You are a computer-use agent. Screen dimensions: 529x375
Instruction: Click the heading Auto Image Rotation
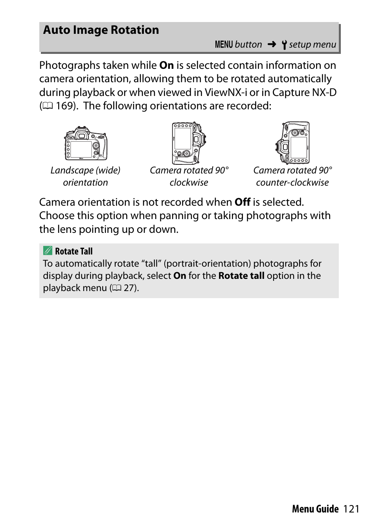tap(101, 30)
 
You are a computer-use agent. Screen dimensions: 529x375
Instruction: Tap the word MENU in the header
tap(224, 45)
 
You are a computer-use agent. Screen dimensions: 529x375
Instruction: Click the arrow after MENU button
tap(272, 44)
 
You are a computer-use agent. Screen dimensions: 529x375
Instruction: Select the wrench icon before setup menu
tap(284, 45)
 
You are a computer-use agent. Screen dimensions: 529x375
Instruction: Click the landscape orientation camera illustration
tap(86, 144)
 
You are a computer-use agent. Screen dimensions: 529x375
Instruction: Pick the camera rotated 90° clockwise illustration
tap(189, 143)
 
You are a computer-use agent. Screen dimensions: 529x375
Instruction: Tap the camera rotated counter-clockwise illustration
tap(292, 143)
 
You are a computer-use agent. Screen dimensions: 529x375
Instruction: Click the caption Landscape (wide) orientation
tap(85, 176)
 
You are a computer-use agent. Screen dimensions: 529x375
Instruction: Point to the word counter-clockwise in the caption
tap(292, 182)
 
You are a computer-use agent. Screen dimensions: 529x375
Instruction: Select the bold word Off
tap(243, 202)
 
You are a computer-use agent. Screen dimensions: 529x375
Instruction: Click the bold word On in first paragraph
tap(167, 65)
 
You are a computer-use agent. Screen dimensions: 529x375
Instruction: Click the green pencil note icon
tap(48, 251)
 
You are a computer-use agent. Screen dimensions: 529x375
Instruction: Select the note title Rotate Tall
tap(74, 251)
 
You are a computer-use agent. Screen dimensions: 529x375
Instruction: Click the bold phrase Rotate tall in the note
tap(241, 276)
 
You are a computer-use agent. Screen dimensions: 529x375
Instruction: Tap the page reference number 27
tap(129, 288)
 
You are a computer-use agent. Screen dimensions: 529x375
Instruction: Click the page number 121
tap(351, 509)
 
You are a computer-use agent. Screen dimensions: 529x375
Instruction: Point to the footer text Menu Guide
tap(315, 509)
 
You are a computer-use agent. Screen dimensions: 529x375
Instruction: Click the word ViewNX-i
tap(226, 92)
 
